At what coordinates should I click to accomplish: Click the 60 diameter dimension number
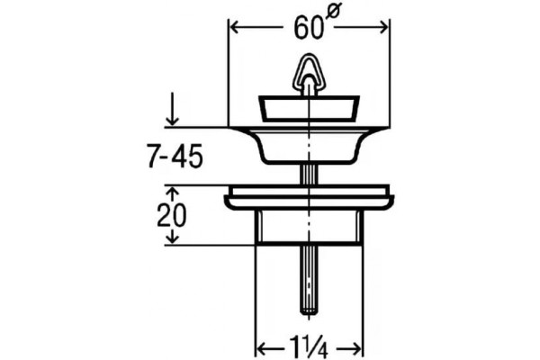(309, 28)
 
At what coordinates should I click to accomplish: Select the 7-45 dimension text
(175, 157)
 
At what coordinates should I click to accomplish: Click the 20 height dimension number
(171, 216)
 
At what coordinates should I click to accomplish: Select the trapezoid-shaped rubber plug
(309, 109)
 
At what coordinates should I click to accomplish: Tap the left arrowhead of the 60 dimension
(234, 28)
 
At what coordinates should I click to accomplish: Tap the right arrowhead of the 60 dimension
(383, 28)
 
